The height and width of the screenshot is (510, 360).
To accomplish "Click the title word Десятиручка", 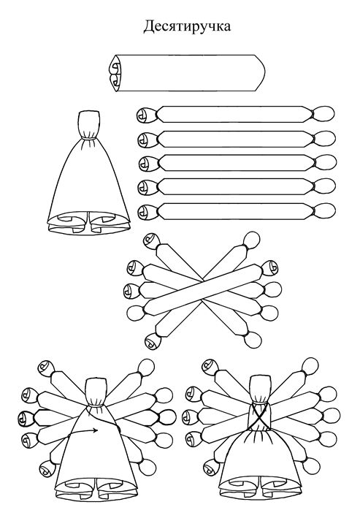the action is [x=187, y=26].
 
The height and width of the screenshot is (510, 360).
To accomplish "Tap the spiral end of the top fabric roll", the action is [x=115, y=73].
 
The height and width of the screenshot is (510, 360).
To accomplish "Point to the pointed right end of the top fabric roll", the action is [x=259, y=73].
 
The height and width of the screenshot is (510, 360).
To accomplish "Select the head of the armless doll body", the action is [x=89, y=123].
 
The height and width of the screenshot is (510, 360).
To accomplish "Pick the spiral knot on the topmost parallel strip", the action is [x=145, y=115].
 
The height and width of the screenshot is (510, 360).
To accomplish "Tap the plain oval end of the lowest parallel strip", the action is [x=325, y=211].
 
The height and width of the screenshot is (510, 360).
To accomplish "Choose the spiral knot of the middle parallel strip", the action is [x=147, y=163].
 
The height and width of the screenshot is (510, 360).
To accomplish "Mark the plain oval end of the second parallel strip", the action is [x=325, y=139].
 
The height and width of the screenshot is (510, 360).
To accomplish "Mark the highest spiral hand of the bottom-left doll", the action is [x=45, y=368].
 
